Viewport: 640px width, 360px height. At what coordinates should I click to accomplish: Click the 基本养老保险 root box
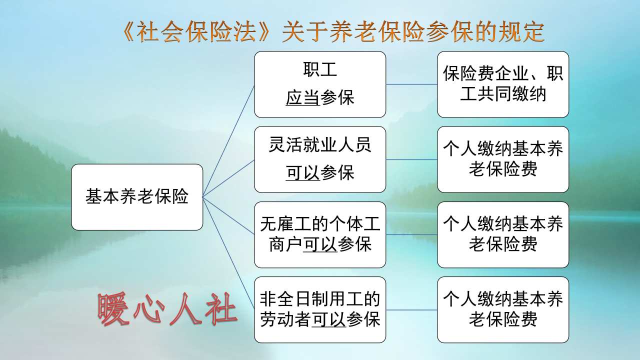pyautogui.click(x=137, y=197)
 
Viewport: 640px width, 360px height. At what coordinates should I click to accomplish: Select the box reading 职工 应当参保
pyautogui.click(x=320, y=84)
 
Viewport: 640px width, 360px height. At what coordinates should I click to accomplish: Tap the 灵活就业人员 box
pyautogui.click(x=320, y=159)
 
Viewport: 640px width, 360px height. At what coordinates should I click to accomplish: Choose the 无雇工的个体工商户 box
pyautogui.click(x=320, y=234)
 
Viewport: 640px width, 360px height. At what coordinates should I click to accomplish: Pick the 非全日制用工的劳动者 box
pyautogui.click(x=320, y=309)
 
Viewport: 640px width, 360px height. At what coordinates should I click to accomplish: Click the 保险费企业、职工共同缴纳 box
pyautogui.click(x=503, y=84)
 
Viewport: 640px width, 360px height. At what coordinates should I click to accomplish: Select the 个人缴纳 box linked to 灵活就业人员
pyautogui.click(x=503, y=159)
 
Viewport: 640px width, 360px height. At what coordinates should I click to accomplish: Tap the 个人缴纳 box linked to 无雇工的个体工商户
pyautogui.click(x=503, y=234)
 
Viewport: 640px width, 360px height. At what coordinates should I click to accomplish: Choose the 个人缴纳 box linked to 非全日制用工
pyautogui.click(x=503, y=309)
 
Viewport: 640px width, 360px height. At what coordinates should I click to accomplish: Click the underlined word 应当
pyautogui.click(x=302, y=98)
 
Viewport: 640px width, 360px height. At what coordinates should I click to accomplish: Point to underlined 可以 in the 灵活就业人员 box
pyautogui.click(x=302, y=173)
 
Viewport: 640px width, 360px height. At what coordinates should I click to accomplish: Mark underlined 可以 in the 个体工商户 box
pyautogui.click(x=320, y=245)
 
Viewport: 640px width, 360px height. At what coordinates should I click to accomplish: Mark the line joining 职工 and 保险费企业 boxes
pyautogui.click(x=411, y=84)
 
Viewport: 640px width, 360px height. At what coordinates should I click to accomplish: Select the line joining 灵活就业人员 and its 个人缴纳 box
pyautogui.click(x=411, y=159)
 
